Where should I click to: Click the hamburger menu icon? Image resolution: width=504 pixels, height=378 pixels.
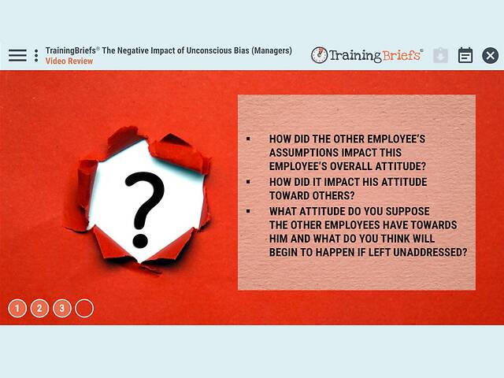(x=17, y=55)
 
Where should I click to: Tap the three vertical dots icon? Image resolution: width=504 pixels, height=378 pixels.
(x=36, y=55)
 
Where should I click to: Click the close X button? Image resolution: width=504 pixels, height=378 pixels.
(x=490, y=55)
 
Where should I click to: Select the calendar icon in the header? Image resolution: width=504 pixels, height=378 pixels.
(x=465, y=55)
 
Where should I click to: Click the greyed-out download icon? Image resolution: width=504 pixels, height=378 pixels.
(x=440, y=55)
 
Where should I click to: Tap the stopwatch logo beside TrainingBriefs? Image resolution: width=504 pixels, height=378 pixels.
(x=319, y=55)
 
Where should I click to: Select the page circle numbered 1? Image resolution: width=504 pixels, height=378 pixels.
(x=17, y=308)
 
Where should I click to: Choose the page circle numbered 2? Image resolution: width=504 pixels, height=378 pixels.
(x=39, y=308)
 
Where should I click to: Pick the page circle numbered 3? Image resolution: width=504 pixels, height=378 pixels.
(x=61, y=308)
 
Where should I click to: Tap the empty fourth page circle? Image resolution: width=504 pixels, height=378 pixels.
(x=84, y=308)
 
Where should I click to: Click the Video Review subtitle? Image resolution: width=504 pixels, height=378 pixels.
(x=69, y=61)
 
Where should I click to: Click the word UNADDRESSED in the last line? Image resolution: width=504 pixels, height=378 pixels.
(x=433, y=253)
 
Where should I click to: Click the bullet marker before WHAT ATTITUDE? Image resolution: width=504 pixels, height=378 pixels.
(x=248, y=211)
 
